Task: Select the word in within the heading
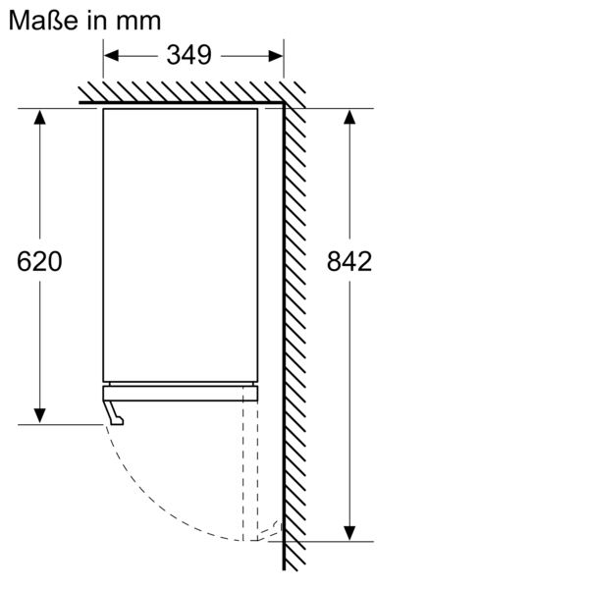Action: coord(96,21)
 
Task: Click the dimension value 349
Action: coord(188,55)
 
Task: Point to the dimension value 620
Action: coord(40,262)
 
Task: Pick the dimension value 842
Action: coord(349,262)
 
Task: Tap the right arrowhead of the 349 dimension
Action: coord(276,55)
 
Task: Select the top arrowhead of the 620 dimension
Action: coord(40,119)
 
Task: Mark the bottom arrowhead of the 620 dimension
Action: coord(40,414)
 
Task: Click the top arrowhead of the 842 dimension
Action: coord(349,119)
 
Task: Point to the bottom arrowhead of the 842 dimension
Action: coord(349,531)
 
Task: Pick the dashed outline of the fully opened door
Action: coord(250,461)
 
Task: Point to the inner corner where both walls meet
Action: coord(284,104)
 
